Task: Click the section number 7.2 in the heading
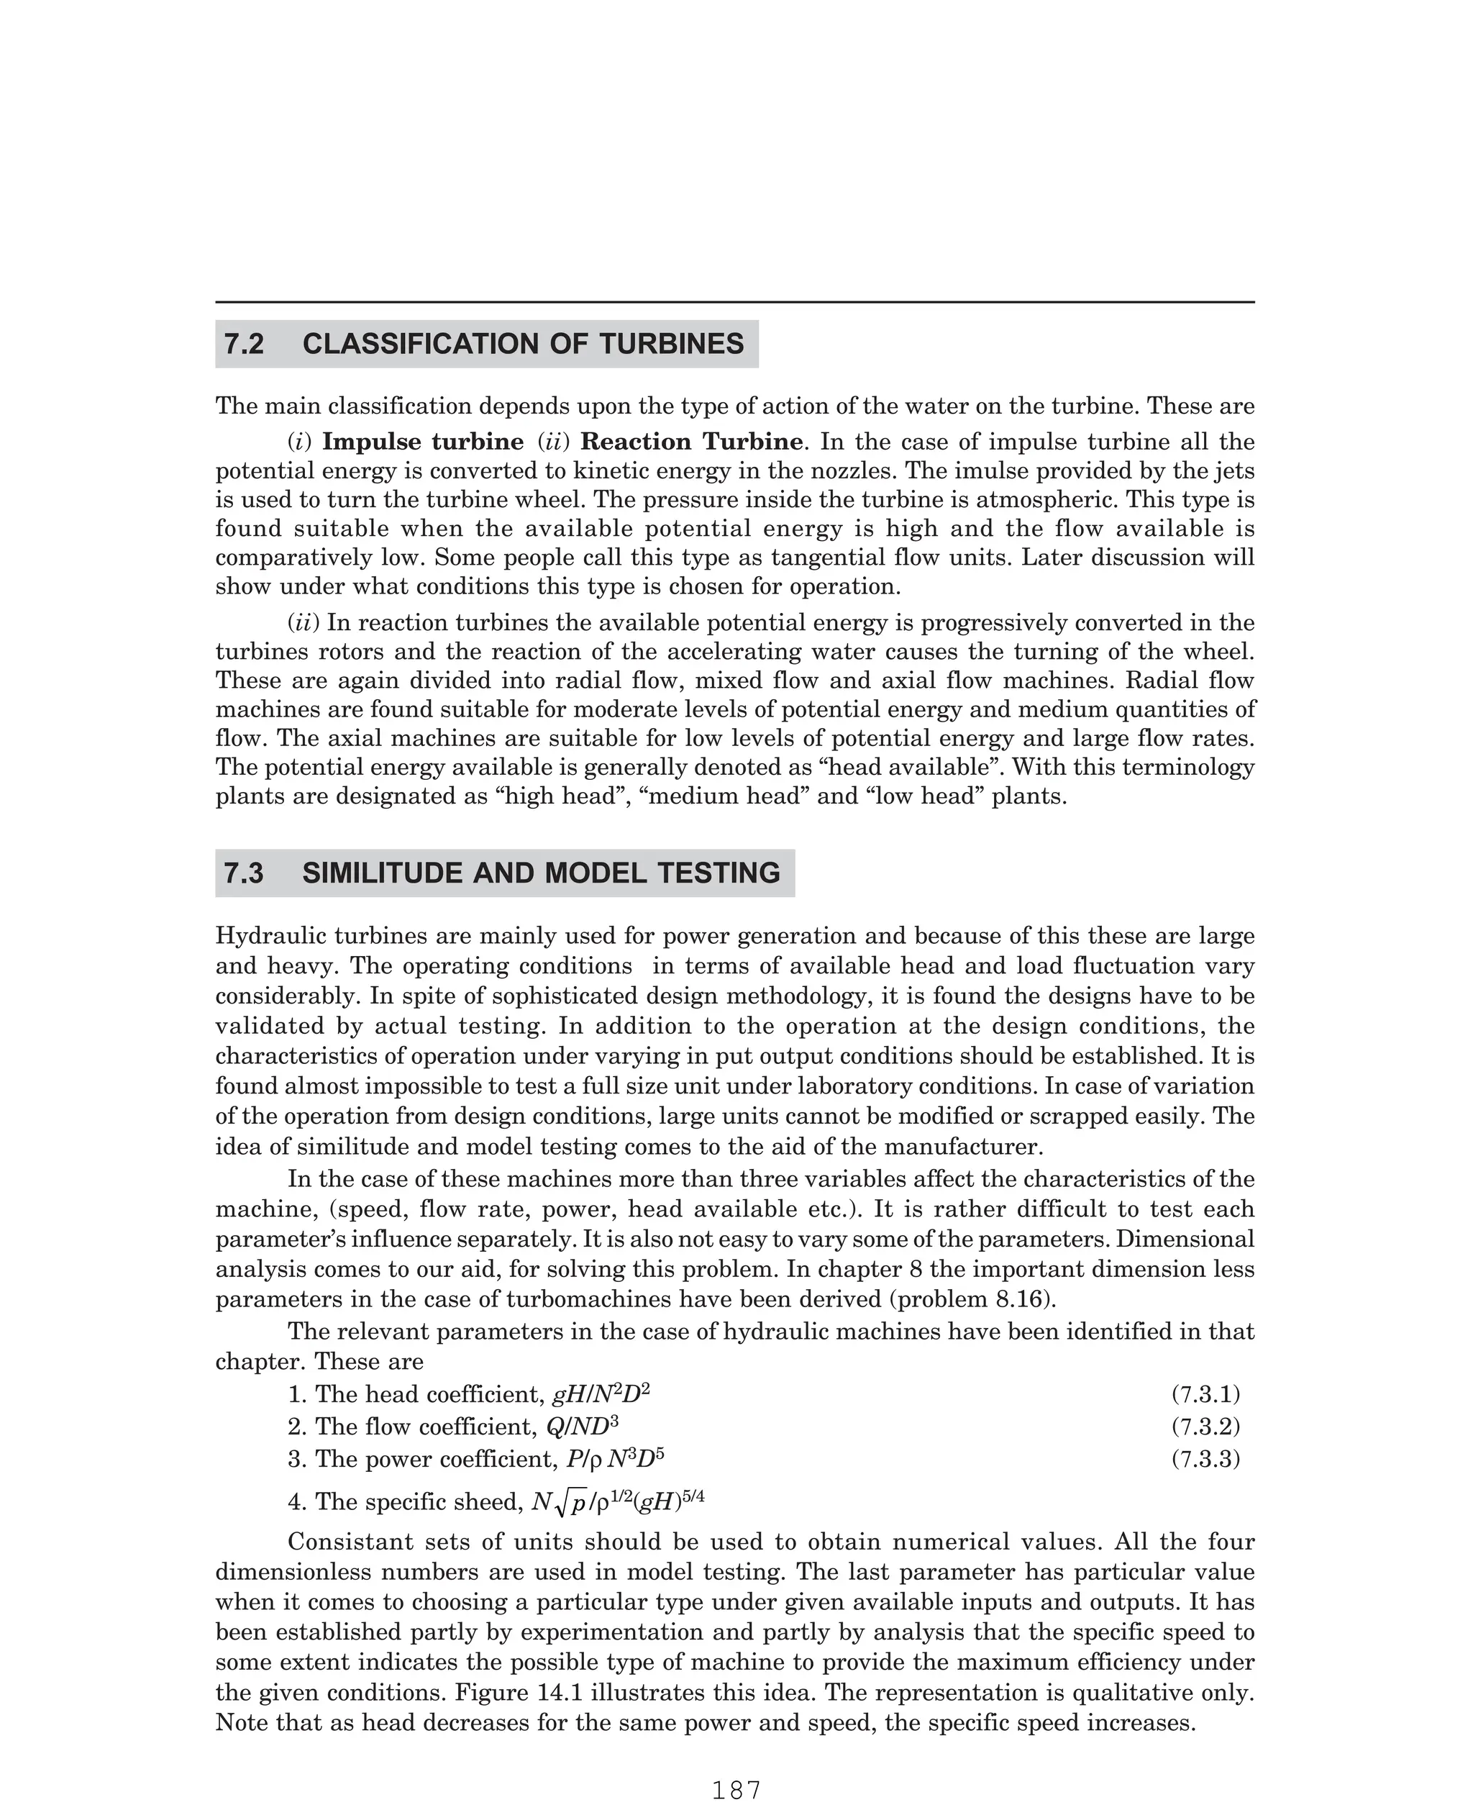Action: point(245,344)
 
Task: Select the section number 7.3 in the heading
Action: point(245,873)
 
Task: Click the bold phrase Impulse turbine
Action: point(423,442)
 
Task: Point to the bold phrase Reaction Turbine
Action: point(691,442)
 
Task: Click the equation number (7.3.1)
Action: point(1205,1394)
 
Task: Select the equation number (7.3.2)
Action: point(1205,1427)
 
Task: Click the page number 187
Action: point(736,1791)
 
